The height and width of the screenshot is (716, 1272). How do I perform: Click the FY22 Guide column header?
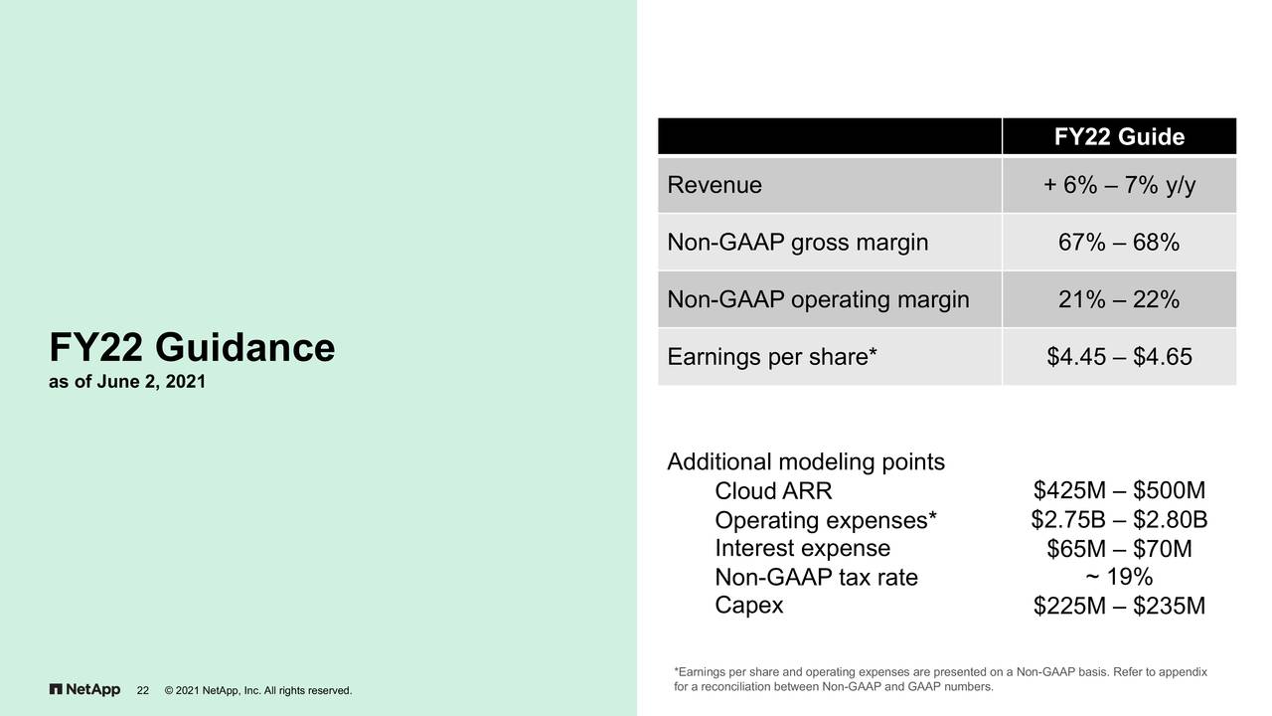pos(1119,137)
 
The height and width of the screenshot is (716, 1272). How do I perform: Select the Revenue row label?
pos(715,185)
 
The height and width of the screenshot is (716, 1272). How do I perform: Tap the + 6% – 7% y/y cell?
pos(1119,185)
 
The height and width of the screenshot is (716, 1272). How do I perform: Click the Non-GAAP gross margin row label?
pos(798,243)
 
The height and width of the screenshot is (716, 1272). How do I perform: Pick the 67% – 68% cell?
pos(1119,243)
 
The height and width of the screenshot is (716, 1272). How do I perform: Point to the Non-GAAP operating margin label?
pos(818,300)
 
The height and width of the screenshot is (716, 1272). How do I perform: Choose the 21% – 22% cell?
pos(1119,300)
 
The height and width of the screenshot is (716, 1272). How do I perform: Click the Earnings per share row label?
pos(772,357)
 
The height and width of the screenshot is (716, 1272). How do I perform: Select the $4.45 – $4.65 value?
pos(1119,357)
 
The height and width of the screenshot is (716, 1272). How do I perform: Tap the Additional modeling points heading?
pos(806,462)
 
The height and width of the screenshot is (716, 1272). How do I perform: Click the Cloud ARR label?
pos(773,491)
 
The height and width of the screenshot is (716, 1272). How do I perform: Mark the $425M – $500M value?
pos(1119,490)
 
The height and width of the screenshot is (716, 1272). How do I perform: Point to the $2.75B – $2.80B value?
pos(1119,520)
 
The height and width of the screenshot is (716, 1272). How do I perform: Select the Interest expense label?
pos(802,548)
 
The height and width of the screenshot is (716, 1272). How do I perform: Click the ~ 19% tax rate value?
pos(1119,577)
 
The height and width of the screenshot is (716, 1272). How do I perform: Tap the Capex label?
pos(749,606)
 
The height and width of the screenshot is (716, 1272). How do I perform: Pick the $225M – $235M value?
pos(1119,606)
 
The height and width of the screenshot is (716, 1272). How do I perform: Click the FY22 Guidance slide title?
pos(192,347)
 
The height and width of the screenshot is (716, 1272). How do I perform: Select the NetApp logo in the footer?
pos(84,690)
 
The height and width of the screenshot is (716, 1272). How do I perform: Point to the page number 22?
pos(142,690)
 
